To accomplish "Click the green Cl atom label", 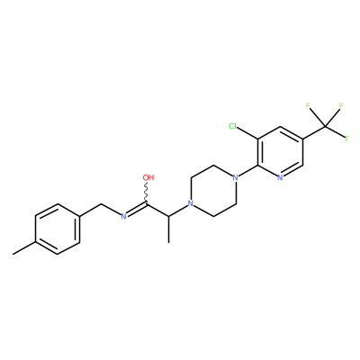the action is pos(233,126).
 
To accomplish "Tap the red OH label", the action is pos(148,177).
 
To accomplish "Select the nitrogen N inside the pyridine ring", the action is pos(280,177).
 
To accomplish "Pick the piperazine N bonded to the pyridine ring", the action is pos(236,177).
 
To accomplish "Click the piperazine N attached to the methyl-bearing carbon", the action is pos(190,203).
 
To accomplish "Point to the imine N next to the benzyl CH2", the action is pos(123,216).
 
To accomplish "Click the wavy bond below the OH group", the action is pos(147,193).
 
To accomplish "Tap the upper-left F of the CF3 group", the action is pos(308,106).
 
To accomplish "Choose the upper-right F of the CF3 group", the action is pos(341,106).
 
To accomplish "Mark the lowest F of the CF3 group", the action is pos(346,139).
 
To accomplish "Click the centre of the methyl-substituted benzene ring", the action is pos(58,229).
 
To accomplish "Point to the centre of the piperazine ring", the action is pos(213,191).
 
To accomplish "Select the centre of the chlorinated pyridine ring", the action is pos(280,152).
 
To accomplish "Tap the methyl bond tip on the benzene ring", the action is pos(13,255).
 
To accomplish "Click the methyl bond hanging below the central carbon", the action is pos(169,229).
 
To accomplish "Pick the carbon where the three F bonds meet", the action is pos(325,126).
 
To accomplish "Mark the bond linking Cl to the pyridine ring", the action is pos(247,133).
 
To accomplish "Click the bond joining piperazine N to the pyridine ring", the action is pos(248,171).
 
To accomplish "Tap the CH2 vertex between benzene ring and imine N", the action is pos(102,204).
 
